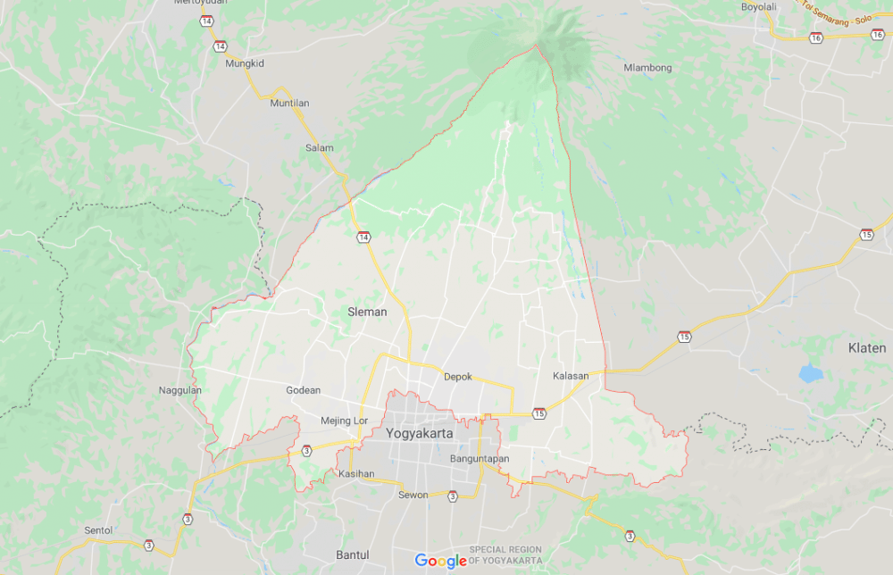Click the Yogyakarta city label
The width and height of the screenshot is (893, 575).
pyautogui.click(x=420, y=433)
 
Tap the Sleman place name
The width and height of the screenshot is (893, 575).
pyautogui.click(x=367, y=312)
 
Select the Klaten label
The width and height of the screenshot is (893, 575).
pyautogui.click(x=866, y=347)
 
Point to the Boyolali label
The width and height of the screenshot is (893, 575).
pyautogui.click(x=759, y=7)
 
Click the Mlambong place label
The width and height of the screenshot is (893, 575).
pyautogui.click(x=647, y=68)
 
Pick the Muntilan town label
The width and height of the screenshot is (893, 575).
pyautogui.click(x=289, y=104)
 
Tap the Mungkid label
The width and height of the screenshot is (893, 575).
pyautogui.click(x=245, y=63)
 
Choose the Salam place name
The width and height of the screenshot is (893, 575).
pyautogui.click(x=319, y=148)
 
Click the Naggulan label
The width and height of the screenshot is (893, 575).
pyautogui.click(x=180, y=390)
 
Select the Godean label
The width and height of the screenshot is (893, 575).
pyautogui.click(x=303, y=390)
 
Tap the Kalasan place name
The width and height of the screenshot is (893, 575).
pyautogui.click(x=571, y=376)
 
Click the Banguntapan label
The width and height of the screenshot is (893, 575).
pyautogui.click(x=480, y=459)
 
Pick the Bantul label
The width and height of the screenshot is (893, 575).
pyautogui.click(x=352, y=554)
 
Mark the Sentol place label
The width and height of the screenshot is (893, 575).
pyautogui.click(x=98, y=529)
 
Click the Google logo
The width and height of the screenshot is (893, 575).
pyautogui.click(x=441, y=561)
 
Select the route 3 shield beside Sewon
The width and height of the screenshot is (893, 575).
pyautogui.click(x=453, y=496)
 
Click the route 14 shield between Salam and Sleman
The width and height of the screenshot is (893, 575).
pyautogui.click(x=363, y=237)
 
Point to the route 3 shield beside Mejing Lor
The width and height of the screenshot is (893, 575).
pyautogui.click(x=306, y=451)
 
